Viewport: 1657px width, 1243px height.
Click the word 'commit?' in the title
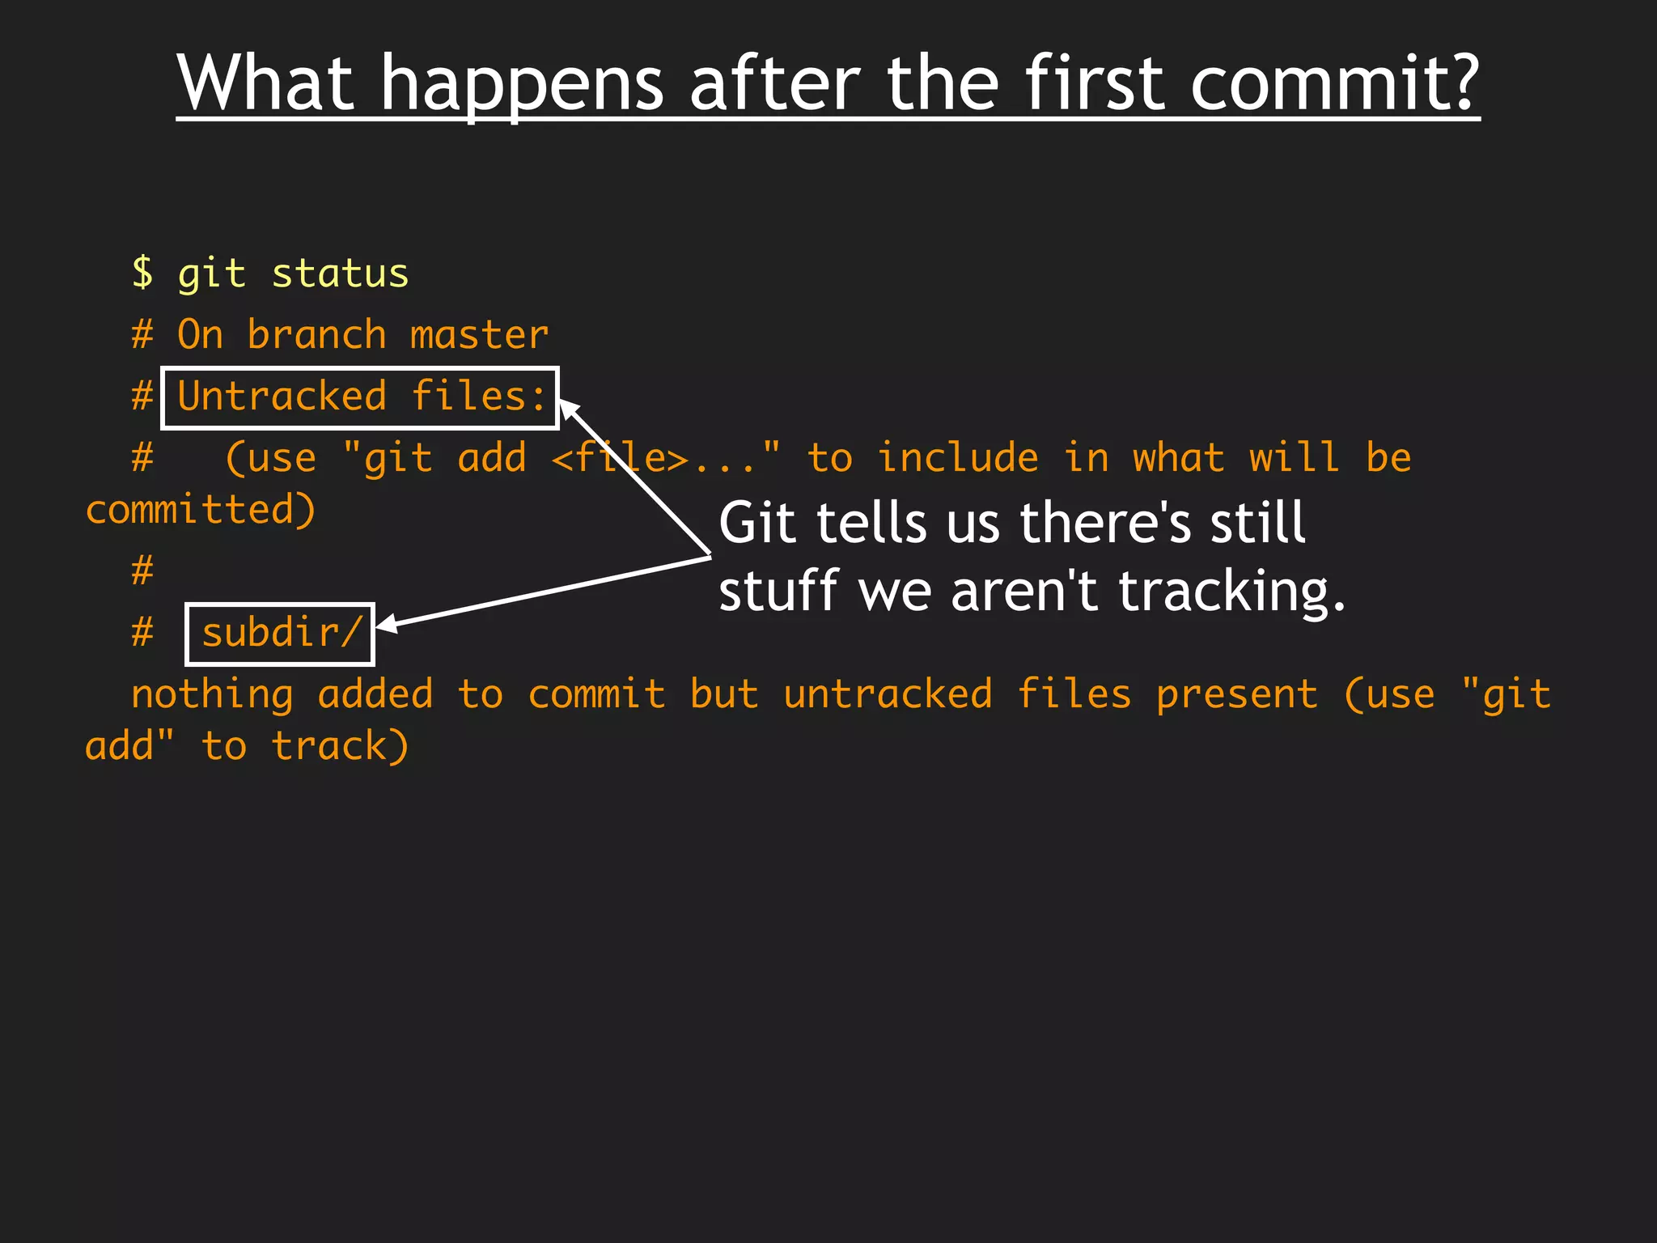click(1334, 83)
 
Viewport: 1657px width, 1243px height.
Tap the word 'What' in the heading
click(266, 83)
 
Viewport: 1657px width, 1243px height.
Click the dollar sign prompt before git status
click(142, 273)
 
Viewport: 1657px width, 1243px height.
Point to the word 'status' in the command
click(340, 274)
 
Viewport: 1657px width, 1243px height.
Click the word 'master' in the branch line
click(479, 335)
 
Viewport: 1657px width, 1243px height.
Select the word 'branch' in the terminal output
click(316, 335)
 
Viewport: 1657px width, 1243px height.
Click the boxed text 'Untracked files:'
click(361, 397)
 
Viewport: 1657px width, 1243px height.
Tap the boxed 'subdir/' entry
click(280, 634)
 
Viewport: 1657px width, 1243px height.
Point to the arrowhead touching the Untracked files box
click(568, 408)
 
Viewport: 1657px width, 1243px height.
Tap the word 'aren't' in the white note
click(1024, 591)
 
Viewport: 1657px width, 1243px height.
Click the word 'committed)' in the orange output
click(201, 510)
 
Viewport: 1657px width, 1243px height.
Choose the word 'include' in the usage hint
click(958, 458)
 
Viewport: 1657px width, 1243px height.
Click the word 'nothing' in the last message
click(212, 695)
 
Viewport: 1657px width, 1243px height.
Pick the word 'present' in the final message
click(1236, 695)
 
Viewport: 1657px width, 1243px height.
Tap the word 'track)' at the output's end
click(340, 746)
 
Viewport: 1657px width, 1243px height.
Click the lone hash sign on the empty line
click(142, 571)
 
